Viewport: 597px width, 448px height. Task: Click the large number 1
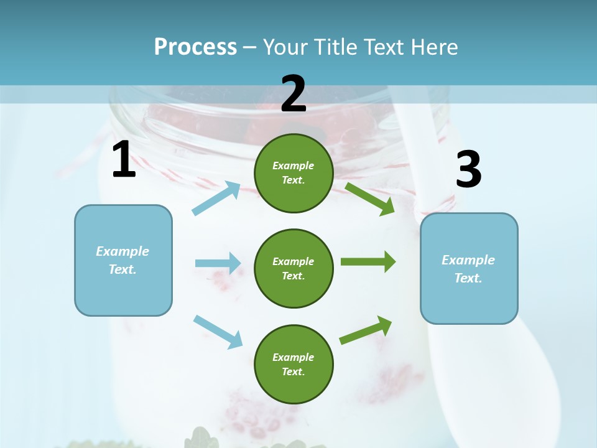click(124, 160)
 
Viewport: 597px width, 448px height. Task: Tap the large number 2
click(294, 94)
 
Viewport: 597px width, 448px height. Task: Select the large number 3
click(468, 170)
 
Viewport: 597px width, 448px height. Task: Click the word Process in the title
click(195, 47)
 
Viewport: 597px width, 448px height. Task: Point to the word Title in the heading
click(335, 47)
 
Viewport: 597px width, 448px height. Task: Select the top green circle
click(294, 173)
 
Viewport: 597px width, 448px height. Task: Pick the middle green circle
click(294, 268)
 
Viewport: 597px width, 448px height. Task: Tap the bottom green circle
click(294, 364)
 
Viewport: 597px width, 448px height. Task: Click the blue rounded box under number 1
click(123, 260)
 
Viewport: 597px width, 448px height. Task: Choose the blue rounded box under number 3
click(469, 268)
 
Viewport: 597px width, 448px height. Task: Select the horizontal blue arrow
click(218, 263)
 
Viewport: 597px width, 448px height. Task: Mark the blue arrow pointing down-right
click(218, 331)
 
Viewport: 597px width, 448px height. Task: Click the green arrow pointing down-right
click(370, 198)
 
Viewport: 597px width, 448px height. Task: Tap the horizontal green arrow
click(368, 262)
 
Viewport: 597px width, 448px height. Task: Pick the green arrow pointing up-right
click(366, 330)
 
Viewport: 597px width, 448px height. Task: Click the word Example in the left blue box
click(123, 251)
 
